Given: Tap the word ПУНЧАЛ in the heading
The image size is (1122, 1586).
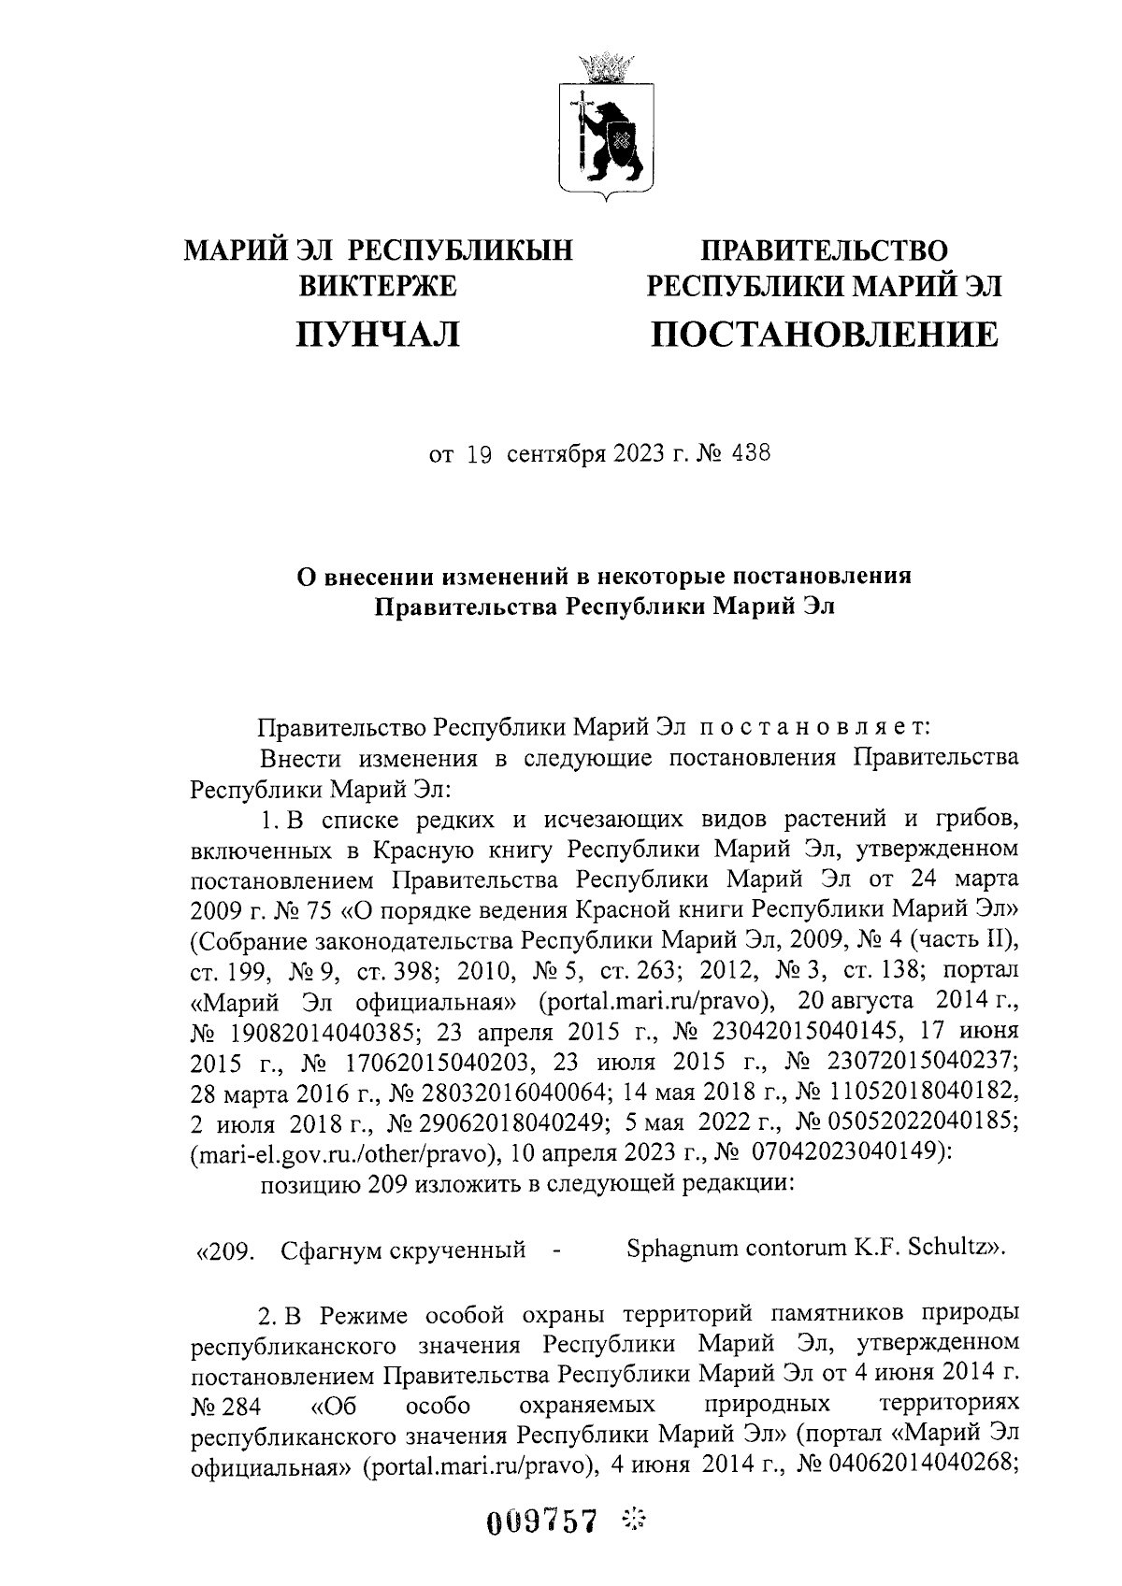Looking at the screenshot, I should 378,334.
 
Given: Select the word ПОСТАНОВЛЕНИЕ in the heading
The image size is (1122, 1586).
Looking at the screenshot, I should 824,334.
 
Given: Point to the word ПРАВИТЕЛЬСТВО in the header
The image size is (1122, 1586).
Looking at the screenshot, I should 824,250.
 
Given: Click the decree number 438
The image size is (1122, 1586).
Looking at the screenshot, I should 752,455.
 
